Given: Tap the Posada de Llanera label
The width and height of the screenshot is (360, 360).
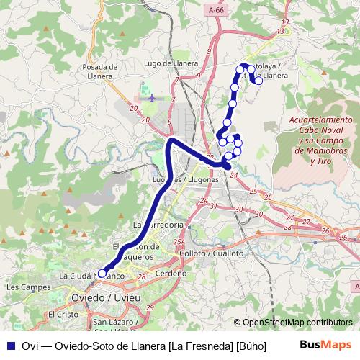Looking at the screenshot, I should coord(100,71).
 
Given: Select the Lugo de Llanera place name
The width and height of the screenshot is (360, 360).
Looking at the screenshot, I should coord(171,63).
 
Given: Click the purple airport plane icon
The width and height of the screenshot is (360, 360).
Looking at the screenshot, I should coord(149,96).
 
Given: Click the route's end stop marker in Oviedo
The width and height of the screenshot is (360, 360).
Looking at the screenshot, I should coord(102,273).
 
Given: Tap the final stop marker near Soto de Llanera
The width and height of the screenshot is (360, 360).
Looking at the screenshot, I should coord(258,81).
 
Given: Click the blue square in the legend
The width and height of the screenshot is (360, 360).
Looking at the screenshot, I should coord(10,346).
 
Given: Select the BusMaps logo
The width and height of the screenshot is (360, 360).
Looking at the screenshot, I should coord(326,345).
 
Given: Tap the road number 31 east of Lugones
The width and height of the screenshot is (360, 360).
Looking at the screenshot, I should coord(214,207).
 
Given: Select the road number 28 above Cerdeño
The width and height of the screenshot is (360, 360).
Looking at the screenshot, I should coord(141,276).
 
